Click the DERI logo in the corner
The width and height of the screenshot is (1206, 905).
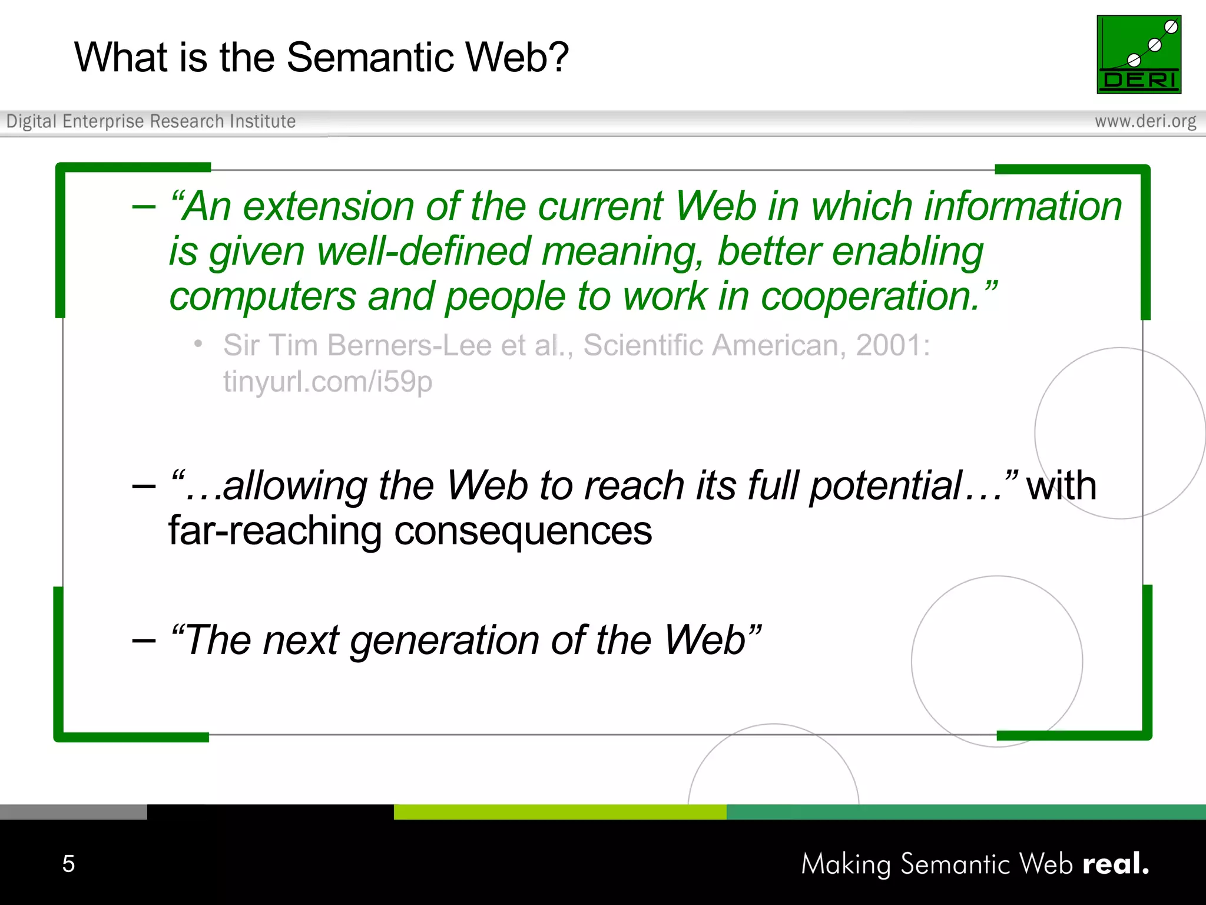pyautogui.click(x=1138, y=54)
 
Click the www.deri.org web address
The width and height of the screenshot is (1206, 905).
pyautogui.click(x=1145, y=121)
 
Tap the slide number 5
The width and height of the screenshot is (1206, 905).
pyautogui.click(x=68, y=864)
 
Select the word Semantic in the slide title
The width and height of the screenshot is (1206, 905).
pyautogui.click(x=370, y=58)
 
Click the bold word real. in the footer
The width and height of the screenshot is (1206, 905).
pyautogui.click(x=1115, y=864)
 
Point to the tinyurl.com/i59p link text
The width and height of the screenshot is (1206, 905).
pyautogui.click(x=327, y=382)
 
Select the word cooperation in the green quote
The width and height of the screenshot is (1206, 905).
pyautogui.click(x=870, y=296)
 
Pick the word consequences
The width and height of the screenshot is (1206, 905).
pyautogui.click(x=522, y=531)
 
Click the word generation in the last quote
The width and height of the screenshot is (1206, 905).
pyautogui.click(x=445, y=640)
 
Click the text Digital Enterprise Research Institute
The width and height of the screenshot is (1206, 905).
pyautogui.click(x=151, y=121)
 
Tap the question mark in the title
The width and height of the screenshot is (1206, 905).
pyautogui.click(x=558, y=58)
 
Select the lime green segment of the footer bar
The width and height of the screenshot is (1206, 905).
pyautogui.click(x=559, y=812)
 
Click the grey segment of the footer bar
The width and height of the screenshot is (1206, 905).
pyautogui.click(x=73, y=812)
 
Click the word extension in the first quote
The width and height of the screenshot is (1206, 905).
pyautogui.click(x=329, y=207)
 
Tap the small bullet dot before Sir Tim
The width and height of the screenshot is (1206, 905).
pyautogui.click(x=199, y=343)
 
